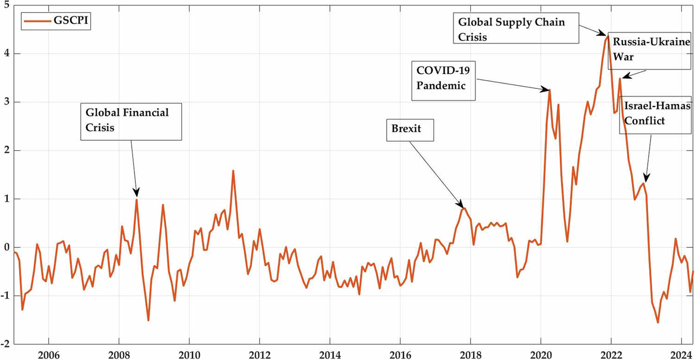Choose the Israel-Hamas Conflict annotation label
tap(650, 114)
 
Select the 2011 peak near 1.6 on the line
tap(233, 171)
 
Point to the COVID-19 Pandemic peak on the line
tap(550, 90)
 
